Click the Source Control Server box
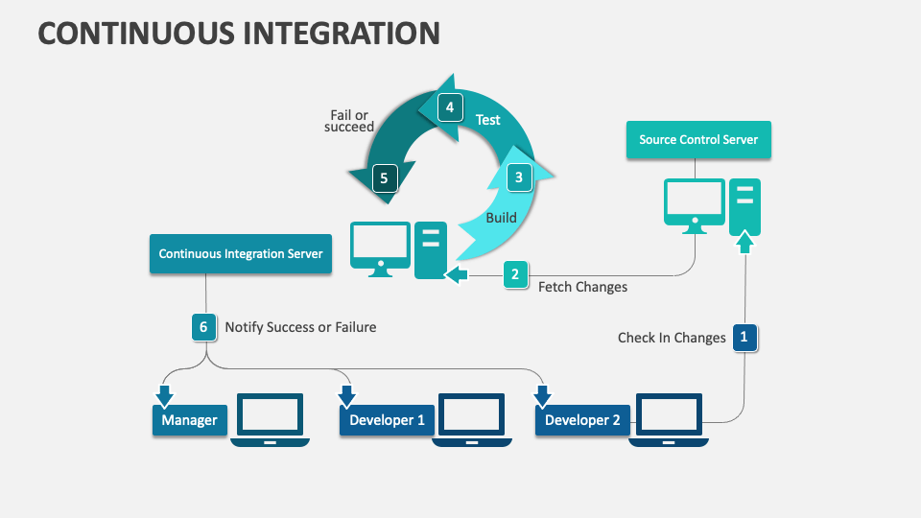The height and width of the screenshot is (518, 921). tap(698, 140)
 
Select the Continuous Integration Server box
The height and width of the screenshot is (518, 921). tap(241, 254)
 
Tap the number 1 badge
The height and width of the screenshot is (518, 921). tap(744, 337)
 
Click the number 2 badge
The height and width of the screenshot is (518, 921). tap(515, 274)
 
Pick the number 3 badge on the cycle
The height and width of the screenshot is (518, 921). tap(518, 177)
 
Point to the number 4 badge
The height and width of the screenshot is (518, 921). tap(449, 107)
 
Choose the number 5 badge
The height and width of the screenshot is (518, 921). tap(384, 177)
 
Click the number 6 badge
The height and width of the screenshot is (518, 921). tap(203, 327)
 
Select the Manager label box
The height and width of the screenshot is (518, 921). tap(189, 420)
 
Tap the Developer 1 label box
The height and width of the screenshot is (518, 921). tap(387, 420)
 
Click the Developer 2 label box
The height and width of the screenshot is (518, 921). tap(582, 420)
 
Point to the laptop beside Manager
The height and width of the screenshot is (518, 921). tap(271, 418)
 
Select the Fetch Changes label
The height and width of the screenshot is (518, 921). tap(582, 287)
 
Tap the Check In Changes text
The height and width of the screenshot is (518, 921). tap(672, 338)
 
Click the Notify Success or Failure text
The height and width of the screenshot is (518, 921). tap(300, 327)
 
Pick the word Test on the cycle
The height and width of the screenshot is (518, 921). tap(488, 120)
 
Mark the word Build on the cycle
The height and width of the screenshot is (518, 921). tap(501, 218)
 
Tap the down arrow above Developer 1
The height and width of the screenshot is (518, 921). tap(346, 395)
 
